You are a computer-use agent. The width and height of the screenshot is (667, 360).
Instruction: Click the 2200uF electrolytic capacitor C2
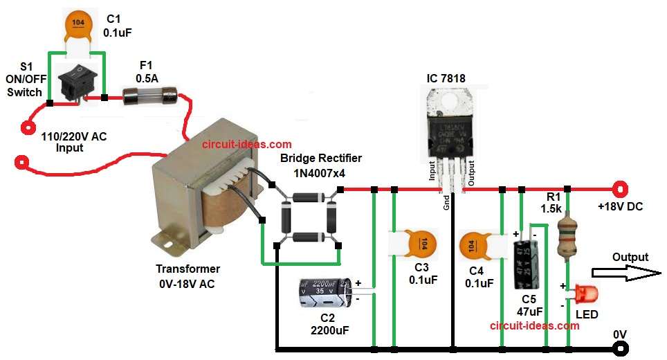coord(325,293)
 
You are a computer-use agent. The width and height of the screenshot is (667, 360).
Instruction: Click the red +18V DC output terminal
coord(621,188)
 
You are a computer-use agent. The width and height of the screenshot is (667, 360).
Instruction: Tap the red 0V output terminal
coord(621,348)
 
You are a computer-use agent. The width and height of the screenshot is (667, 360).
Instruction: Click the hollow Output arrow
coord(629,274)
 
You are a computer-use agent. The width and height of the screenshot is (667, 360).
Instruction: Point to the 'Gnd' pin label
coord(447,201)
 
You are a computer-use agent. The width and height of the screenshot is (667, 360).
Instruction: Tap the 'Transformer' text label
coord(188,269)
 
